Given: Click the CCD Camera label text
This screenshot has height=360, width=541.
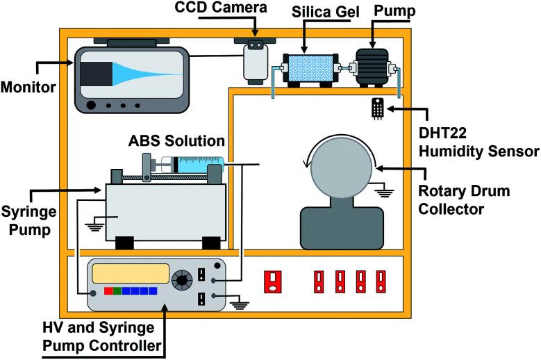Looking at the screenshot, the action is coord(221,8).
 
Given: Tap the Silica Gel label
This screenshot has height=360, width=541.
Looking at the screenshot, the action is coord(325,12).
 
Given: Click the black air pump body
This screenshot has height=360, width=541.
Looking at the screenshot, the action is coord(372,67).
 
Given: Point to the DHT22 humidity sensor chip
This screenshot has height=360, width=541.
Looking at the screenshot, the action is coord(378,108).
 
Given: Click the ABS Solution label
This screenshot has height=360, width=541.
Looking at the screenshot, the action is coord(176,141).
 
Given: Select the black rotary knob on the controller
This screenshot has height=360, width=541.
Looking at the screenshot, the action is coord(182,279).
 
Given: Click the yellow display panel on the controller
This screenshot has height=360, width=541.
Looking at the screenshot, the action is coord(131,273).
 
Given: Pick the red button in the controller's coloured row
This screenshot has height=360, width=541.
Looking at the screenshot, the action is coord(108,291).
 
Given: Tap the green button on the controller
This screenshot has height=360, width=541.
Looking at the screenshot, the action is coord(117,291).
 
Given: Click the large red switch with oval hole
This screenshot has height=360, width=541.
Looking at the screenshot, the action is coord(272,281).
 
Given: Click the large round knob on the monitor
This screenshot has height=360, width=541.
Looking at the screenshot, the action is coord(91,105).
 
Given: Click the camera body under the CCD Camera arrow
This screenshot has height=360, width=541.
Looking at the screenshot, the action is coord(256,61).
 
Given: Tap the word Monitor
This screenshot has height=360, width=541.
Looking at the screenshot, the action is coord(28,87).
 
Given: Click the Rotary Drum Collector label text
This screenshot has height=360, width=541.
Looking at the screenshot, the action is coord(464,200).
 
